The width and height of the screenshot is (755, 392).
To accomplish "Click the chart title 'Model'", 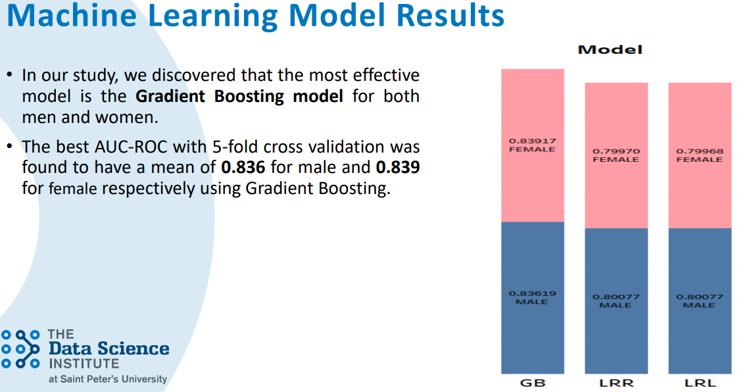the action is tap(610, 49).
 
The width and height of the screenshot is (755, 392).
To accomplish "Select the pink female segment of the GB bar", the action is tap(533, 145).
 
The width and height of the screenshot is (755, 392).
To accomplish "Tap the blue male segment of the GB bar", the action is tap(533, 297).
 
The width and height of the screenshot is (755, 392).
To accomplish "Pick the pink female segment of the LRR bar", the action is tap(616, 155).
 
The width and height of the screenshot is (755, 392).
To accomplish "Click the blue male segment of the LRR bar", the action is tap(616, 301).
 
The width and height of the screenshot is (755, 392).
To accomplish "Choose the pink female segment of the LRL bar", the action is tap(700, 155).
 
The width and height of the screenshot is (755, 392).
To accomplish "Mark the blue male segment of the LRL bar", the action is tap(700, 301).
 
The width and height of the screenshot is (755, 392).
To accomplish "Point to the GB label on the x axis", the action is tap(533, 383).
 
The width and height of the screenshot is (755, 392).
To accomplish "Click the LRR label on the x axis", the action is tap(616, 383).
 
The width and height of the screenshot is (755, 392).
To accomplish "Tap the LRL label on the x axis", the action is tap(700, 383).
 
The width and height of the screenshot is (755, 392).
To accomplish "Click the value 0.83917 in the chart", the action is tap(533, 141).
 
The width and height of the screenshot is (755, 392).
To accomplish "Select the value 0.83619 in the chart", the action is tap(533, 293).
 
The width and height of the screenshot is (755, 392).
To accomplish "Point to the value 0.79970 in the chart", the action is tap(616, 151).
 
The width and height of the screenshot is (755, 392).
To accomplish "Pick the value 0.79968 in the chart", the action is tap(700, 151).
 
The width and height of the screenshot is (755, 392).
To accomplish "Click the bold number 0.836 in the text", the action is tap(243, 167).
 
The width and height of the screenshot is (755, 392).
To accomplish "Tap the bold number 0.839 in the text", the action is tap(398, 167).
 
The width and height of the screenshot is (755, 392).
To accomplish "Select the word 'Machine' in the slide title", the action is tap(72, 15).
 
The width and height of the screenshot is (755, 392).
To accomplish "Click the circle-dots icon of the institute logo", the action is tap(20, 349).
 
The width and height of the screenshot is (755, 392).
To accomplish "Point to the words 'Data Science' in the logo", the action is tap(109, 348).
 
